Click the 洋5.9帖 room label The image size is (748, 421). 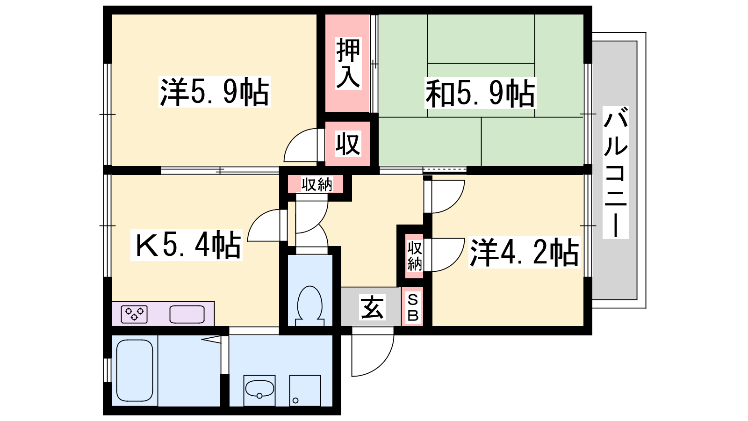pos(215,92)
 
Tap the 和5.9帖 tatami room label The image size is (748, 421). pos(480,93)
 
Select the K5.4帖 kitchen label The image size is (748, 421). pos(187,245)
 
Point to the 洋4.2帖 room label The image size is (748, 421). pos(524,253)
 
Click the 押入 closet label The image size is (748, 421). pos(348,64)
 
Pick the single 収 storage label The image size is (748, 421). pos(348,144)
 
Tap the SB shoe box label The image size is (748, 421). pos(413,307)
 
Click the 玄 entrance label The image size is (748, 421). pos(372,307)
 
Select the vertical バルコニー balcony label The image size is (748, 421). pos(615,172)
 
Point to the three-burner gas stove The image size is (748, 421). pos(134,314)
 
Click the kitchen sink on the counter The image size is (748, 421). pos(187,314)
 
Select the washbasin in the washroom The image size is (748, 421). pos(259,390)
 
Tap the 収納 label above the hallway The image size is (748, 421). pos(316,184)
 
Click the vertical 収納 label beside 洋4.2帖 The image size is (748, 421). pos(414,256)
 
